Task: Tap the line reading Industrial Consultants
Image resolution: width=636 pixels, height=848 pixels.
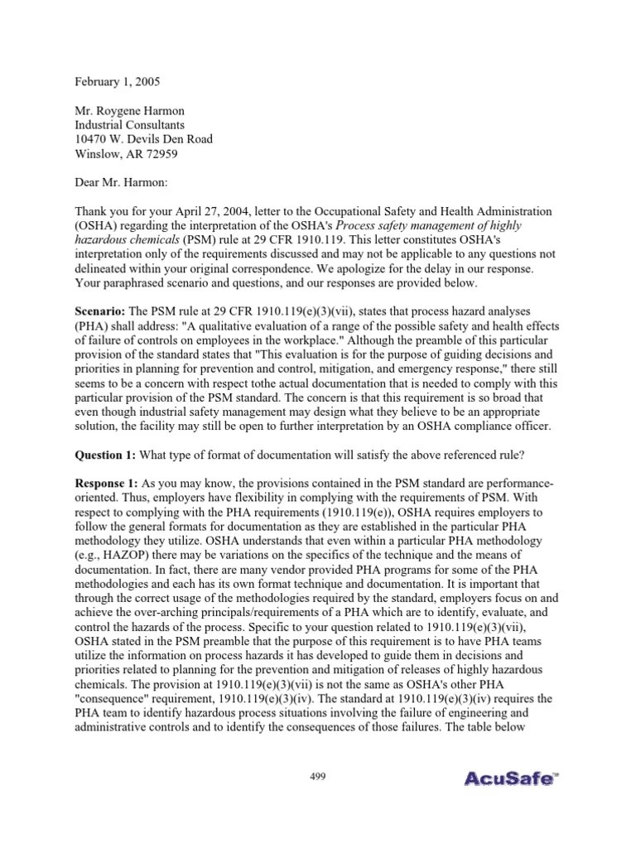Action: click(135, 124)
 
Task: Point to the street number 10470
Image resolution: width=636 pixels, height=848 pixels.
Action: click(94, 139)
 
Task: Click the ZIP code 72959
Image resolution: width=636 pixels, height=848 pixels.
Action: click(160, 153)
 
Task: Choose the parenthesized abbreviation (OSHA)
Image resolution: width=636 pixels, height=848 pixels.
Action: click(97, 225)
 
